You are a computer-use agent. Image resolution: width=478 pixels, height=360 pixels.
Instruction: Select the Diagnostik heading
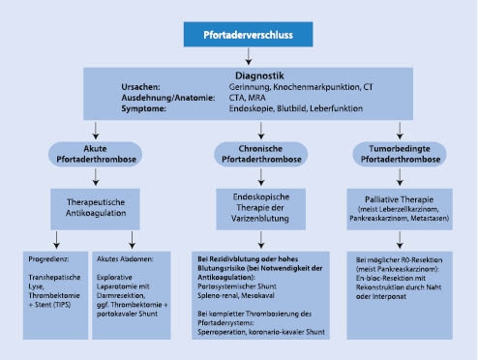click(240, 75)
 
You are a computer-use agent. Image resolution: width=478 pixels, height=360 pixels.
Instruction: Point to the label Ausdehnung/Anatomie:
click(142, 99)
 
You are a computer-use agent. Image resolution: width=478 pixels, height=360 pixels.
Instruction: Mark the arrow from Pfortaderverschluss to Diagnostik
click(240, 55)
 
